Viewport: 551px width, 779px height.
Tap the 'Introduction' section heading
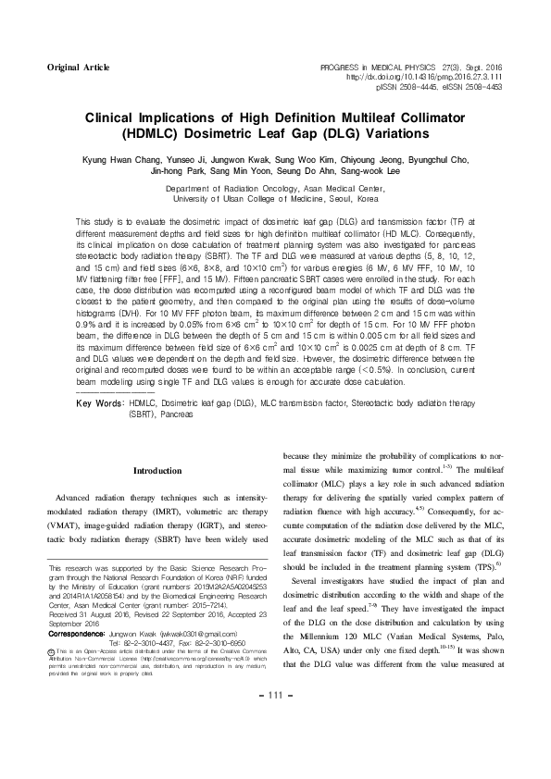point(157,471)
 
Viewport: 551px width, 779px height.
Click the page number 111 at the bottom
point(275,748)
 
